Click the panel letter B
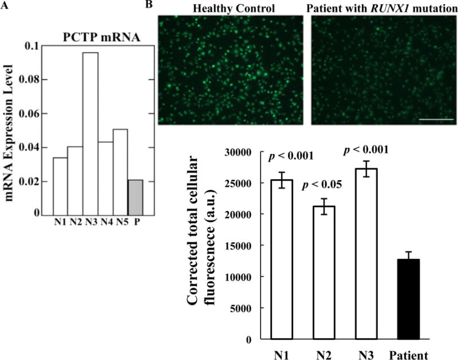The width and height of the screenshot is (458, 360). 149,5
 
